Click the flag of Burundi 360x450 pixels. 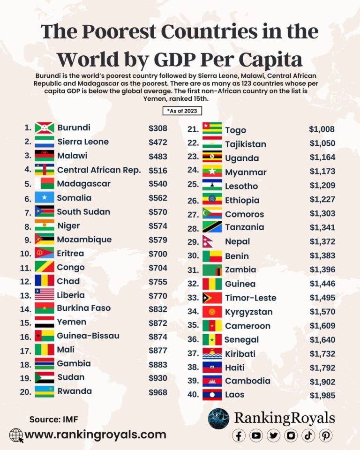click(x=45, y=128)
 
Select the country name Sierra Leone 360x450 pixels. click(x=83, y=142)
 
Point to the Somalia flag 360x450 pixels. click(x=45, y=198)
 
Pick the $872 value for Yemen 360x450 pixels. click(x=157, y=322)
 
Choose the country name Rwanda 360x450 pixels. click(x=74, y=391)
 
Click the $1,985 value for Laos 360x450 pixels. click(x=322, y=395)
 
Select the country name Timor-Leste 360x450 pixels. click(x=250, y=298)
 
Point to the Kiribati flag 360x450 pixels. click(x=212, y=353)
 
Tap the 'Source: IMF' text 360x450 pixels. click(x=52, y=419)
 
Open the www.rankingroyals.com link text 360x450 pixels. click(x=95, y=435)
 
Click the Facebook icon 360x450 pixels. click(x=239, y=435)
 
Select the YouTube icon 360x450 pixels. click(x=256, y=435)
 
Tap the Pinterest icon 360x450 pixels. click(x=326, y=435)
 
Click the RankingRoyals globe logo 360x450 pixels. click(x=219, y=419)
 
